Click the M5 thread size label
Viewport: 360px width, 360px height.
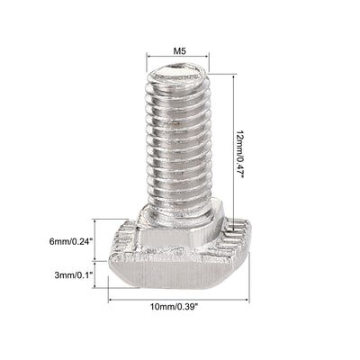pyautogui.click(x=180, y=51)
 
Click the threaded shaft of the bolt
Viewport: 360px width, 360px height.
pyautogui.click(x=180, y=144)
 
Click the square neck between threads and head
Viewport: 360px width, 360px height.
pyautogui.click(x=180, y=216)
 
